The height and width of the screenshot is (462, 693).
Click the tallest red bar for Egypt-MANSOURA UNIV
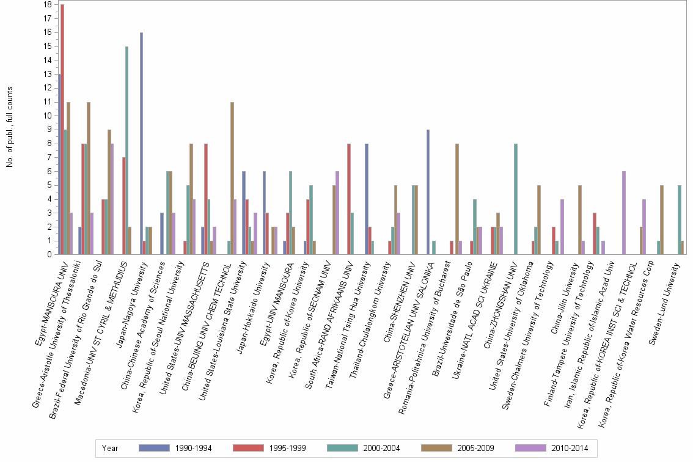point(62,130)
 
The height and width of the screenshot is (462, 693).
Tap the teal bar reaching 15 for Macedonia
point(127,150)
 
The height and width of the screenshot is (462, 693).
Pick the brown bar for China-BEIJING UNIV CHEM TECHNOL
point(232,178)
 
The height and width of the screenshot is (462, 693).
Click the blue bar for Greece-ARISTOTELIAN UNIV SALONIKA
point(428,192)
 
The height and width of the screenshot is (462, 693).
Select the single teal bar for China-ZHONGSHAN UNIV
point(516,199)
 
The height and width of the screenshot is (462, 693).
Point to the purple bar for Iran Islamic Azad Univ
point(624,213)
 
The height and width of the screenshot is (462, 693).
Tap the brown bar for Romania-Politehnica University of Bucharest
point(457,199)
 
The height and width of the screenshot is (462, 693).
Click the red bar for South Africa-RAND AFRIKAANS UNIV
point(348,199)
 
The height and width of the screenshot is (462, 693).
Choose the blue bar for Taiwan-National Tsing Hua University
point(366,199)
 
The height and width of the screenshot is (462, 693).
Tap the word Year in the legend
point(111,448)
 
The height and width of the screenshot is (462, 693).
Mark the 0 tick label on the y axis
point(49,254)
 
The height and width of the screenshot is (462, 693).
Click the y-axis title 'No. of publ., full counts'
point(10,128)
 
